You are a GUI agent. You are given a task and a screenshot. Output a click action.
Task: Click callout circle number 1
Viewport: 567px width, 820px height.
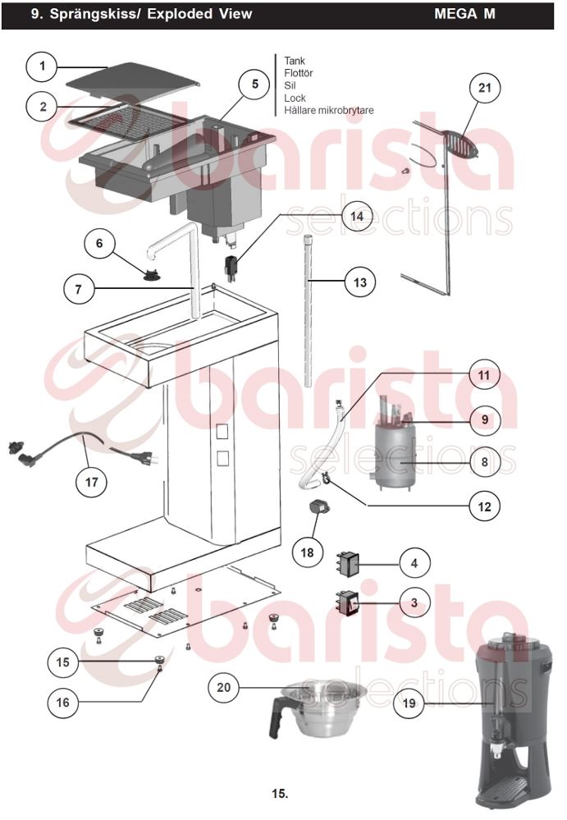tap(43, 66)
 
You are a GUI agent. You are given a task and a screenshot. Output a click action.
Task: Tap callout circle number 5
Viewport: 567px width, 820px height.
tap(254, 84)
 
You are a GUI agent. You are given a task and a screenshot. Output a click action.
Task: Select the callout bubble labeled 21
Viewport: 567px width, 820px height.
tap(484, 87)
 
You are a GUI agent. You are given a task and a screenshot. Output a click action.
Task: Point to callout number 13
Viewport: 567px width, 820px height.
tap(360, 282)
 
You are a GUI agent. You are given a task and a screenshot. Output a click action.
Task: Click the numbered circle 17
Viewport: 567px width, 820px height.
tap(91, 482)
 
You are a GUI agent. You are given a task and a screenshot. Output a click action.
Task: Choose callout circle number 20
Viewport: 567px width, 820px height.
tap(224, 687)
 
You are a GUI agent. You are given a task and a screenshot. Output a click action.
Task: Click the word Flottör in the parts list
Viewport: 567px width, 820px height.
tap(299, 73)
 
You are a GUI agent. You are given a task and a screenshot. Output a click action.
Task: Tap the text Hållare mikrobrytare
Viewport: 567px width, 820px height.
tap(329, 110)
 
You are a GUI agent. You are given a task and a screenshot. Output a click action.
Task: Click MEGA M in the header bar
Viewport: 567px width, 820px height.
tap(464, 14)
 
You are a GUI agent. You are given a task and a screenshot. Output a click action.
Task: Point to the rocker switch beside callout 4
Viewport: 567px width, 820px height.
tap(349, 564)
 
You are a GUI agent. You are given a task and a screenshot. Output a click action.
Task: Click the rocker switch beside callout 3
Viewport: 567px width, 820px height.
tap(348, 603)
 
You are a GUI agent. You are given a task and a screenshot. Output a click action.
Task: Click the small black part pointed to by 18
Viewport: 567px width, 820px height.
tap(318, 506)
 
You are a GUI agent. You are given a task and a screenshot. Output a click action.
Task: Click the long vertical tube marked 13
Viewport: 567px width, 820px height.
tap(309, 311)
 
